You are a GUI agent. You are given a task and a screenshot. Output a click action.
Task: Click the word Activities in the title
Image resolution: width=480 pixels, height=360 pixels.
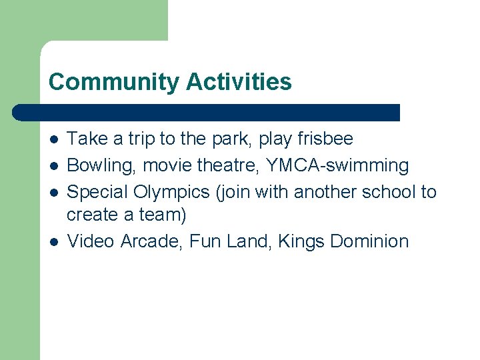click(x=239, y=82)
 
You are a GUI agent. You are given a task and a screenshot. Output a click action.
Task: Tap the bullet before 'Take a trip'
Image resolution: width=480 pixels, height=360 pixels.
click(x=53, y=139)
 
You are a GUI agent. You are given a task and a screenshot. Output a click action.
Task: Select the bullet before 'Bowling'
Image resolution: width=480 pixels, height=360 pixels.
click(x=53, y=166)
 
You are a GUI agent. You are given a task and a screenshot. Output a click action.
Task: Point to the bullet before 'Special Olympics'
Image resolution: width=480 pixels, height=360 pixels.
click(x=53, y=193)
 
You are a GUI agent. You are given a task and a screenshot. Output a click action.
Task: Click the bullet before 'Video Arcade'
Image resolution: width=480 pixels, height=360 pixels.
click(x=53, y=241)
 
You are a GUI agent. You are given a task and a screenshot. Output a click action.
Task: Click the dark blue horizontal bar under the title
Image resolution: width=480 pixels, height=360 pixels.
click(x=207, y=112)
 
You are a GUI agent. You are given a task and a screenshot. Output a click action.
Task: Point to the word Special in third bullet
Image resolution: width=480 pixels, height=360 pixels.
click(x=98, y=193)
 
